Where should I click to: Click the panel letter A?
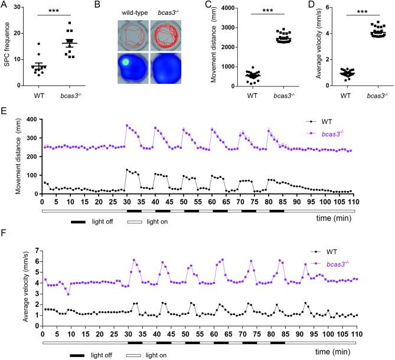(4, 5)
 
